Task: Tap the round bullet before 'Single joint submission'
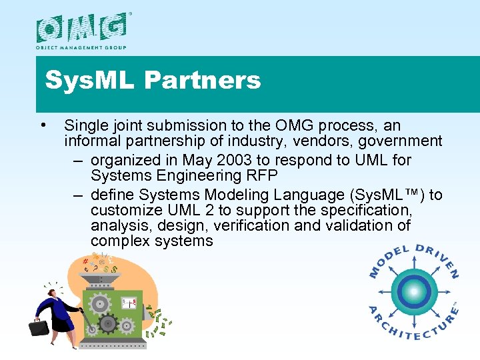tap(43, 125)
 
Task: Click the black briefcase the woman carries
tap(39, 328)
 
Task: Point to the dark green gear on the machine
tap(108, 325)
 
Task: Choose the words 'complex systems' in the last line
tap(151, 241)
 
